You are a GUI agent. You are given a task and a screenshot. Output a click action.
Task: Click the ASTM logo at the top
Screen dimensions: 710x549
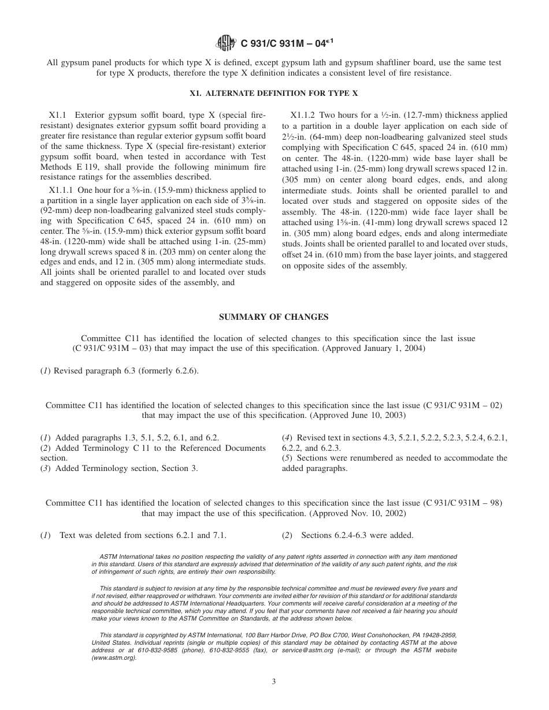pos(225,42)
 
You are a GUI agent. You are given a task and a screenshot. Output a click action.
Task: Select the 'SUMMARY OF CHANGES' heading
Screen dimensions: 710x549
pos(274,317)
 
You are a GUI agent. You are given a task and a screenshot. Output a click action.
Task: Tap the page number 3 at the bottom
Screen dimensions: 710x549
pos(274,681)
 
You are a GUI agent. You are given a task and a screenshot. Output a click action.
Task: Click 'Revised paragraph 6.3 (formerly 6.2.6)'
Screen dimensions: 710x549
pos(125,371)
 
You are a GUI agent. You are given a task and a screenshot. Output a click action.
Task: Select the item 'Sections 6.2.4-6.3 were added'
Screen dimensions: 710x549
pos(357,536)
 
